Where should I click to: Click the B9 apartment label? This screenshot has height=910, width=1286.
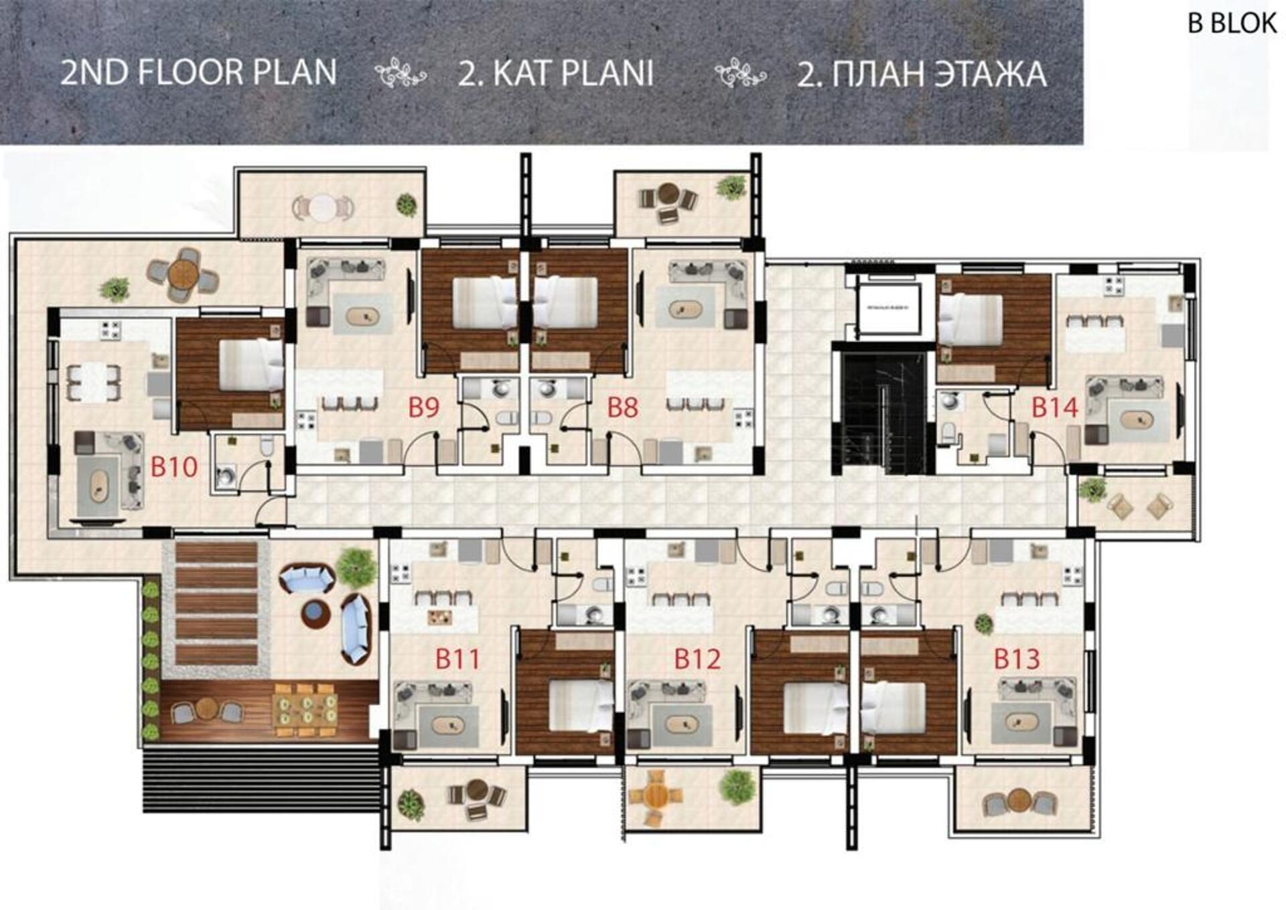(423, 407)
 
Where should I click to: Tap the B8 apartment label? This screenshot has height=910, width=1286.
(622, 407)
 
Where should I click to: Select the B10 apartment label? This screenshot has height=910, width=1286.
(173, 466)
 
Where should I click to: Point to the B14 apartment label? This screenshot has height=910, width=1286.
(1054, 407)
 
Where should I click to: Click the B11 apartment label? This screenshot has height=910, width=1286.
(457, 659)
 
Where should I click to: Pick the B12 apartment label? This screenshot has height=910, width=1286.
(697, 659)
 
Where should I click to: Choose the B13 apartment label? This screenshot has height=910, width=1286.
(1016, 659)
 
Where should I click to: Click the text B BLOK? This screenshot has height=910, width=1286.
(1232, 23)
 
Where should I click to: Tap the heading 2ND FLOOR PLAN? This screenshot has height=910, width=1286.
(198, 72)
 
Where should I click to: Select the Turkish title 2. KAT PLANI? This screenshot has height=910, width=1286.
(555, 74)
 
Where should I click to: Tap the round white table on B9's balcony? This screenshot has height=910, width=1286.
(323, 206)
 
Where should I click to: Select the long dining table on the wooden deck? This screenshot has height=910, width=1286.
(305, 710)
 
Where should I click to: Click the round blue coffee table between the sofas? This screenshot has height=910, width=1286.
(315, 612)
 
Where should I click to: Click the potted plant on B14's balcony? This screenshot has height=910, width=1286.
(1092, 490)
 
